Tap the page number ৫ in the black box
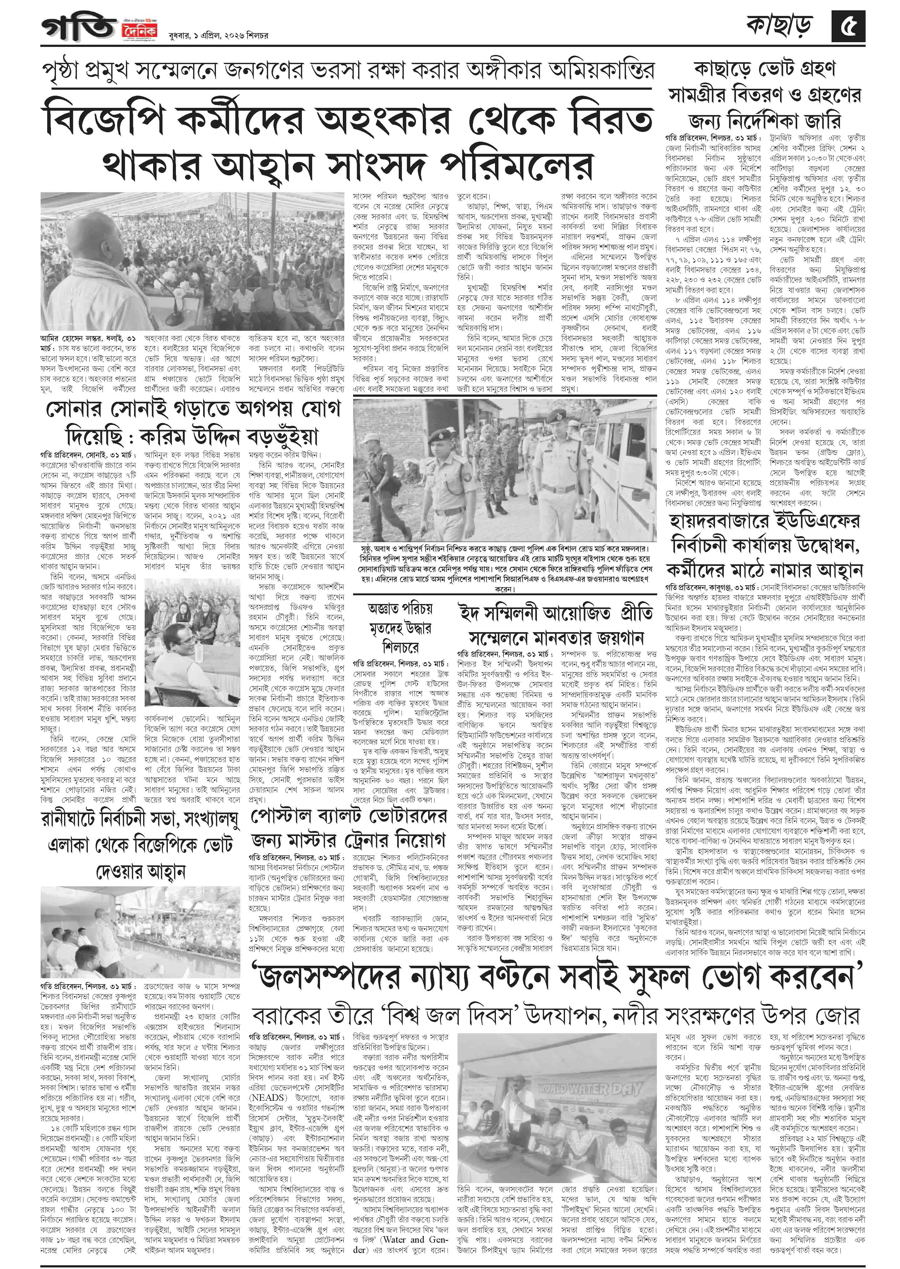pos(848,26)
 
